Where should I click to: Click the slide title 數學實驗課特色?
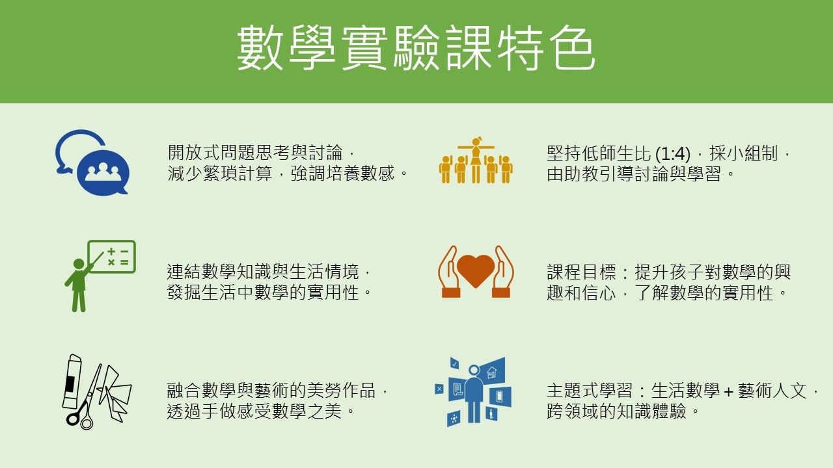tap(416, 47)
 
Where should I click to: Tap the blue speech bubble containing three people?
tap(103, 172)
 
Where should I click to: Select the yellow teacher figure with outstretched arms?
tap(476, 160)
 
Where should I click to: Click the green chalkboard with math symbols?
tap(111, 257)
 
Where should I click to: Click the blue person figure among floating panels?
tap(474, 394)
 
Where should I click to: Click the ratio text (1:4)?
tap(673, 153)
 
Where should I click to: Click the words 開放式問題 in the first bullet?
tap(212, 152)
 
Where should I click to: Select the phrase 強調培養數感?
tap(342, 173)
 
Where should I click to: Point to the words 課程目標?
tap(582, 272)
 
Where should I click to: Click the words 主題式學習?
tap(590, 391)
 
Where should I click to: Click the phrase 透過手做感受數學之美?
tap(254, 411)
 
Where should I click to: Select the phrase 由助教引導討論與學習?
tap(634, 174)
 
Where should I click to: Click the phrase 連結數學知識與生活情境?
tap(263, 272)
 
